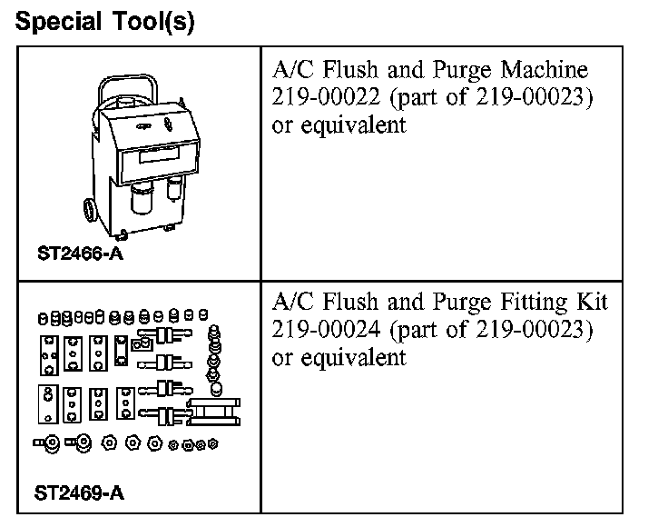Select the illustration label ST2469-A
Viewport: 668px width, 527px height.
point(80,494)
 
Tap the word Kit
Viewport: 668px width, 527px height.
point(590,302)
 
